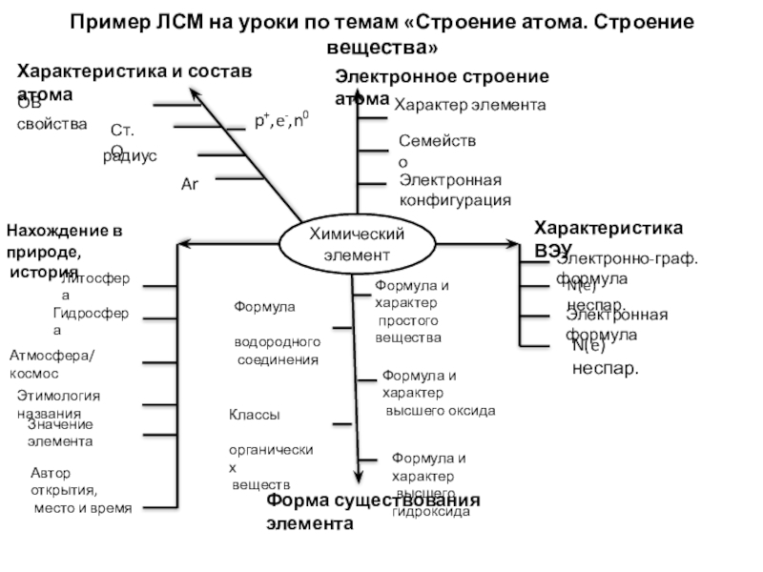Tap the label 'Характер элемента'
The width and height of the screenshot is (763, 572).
pyautogui.click(x=470, y=105)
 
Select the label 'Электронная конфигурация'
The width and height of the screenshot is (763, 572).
pyautogui.click(x=454, y=190)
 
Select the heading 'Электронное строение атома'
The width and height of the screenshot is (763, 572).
pyautogui.click(x=441, y=87)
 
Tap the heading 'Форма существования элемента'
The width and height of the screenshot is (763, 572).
pyautogui.click(x=373, y=511)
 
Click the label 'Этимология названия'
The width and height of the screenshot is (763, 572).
pyautogui.click(x=58, y=404)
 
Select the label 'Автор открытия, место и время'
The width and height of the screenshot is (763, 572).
pyautogui.click(x=80, y=490)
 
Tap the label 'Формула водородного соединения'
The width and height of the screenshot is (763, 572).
pyautogui.click(x=278, y=334)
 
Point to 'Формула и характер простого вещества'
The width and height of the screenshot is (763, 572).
pyautogui.click(x=411, y=311)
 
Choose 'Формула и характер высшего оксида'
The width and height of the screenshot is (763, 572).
pyautogui.click(x=437, y=393)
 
